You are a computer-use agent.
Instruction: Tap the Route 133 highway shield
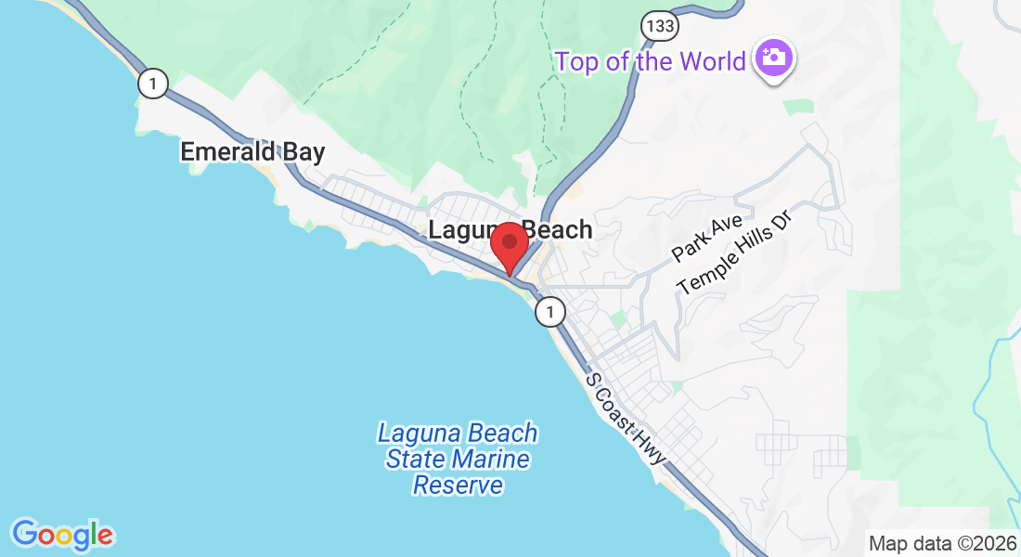pos(660,25)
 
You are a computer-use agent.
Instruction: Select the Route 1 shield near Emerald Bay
pos(153,84)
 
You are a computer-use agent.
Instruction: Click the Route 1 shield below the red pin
pos(550,312)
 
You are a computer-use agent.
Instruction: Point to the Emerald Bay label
pos(252,151)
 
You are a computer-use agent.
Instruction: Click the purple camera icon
pos(772,58)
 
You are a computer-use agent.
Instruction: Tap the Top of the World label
pos(651,61)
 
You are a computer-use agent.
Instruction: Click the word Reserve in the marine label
pos(458,485)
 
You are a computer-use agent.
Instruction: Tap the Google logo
pos(62,535)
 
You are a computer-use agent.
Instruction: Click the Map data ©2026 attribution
pos(942,543)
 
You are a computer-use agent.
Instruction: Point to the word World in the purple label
pos(712,61)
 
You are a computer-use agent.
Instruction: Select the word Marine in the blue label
pos(492,459)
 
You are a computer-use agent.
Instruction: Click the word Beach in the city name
pos(558,229)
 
